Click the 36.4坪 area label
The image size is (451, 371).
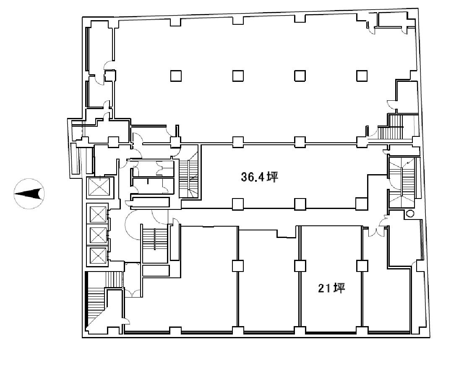pos(259,177)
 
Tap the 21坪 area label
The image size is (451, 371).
pos(331,288)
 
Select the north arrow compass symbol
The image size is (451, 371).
pos(29,193)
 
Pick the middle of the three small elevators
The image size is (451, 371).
pos(98,235)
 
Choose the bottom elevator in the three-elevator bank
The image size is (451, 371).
pos(98,255)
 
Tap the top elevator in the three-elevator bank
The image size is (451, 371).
pos(98,214)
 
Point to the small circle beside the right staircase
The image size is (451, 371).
pos(410,213)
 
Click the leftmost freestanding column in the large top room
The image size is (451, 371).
pos(176,76)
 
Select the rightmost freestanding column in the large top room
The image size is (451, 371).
pos(362,76)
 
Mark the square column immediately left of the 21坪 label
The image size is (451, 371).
pos(300,266)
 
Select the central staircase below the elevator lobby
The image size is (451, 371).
pos(155,243)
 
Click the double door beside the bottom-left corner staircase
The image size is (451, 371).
pos(132,293)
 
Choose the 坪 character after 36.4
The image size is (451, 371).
pos(273,177)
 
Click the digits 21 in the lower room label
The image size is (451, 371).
pos(324,288)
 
